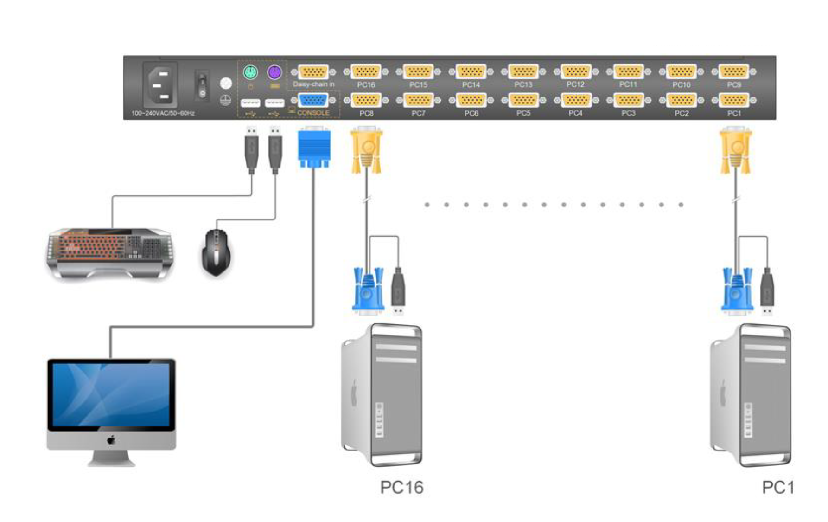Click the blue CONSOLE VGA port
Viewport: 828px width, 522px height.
pos(313,100)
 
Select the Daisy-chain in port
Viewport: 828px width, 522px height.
pos(313,72)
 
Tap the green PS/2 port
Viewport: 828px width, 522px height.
pos(250,72)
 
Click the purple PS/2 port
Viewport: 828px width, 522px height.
pos(274,72)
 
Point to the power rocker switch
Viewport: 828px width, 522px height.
pos(202,85)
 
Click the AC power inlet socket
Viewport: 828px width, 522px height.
pos(160,85)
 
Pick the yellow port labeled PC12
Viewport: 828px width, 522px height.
pos(576,72)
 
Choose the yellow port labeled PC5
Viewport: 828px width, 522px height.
pos(523,100)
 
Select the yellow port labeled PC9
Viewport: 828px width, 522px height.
pos(734,72)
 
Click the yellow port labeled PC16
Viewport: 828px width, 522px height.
pos(366,72)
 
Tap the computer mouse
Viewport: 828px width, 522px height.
pos(216,253)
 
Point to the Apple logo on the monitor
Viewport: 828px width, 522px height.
pos(111,440)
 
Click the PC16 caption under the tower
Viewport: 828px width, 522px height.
pos(401,488)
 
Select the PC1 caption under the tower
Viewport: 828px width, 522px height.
pos(778,488)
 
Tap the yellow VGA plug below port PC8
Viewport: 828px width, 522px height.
pos(366,151)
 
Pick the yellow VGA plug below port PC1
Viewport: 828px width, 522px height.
pos(736,151)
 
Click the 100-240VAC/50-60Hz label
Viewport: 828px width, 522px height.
pos(163,113)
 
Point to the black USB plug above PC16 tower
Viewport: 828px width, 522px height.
pos(398,290)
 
